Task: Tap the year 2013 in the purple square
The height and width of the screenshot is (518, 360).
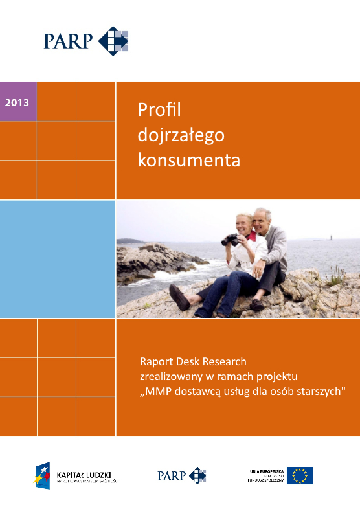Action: point(17,102)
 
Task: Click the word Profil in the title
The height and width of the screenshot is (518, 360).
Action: point(159,110)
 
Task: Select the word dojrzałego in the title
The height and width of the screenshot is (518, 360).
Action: point(181,135)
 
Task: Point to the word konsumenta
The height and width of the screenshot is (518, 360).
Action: point(188,160)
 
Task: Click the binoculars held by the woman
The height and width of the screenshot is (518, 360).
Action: point(230,240)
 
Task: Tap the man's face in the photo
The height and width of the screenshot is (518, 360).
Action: point(262,222)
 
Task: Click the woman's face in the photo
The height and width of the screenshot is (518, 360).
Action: point(243,226)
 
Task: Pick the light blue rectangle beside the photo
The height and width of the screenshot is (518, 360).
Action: point(58,258)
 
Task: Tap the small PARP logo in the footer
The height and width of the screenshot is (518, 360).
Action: point(181,475)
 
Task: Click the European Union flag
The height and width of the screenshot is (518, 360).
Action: point(300,475)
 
